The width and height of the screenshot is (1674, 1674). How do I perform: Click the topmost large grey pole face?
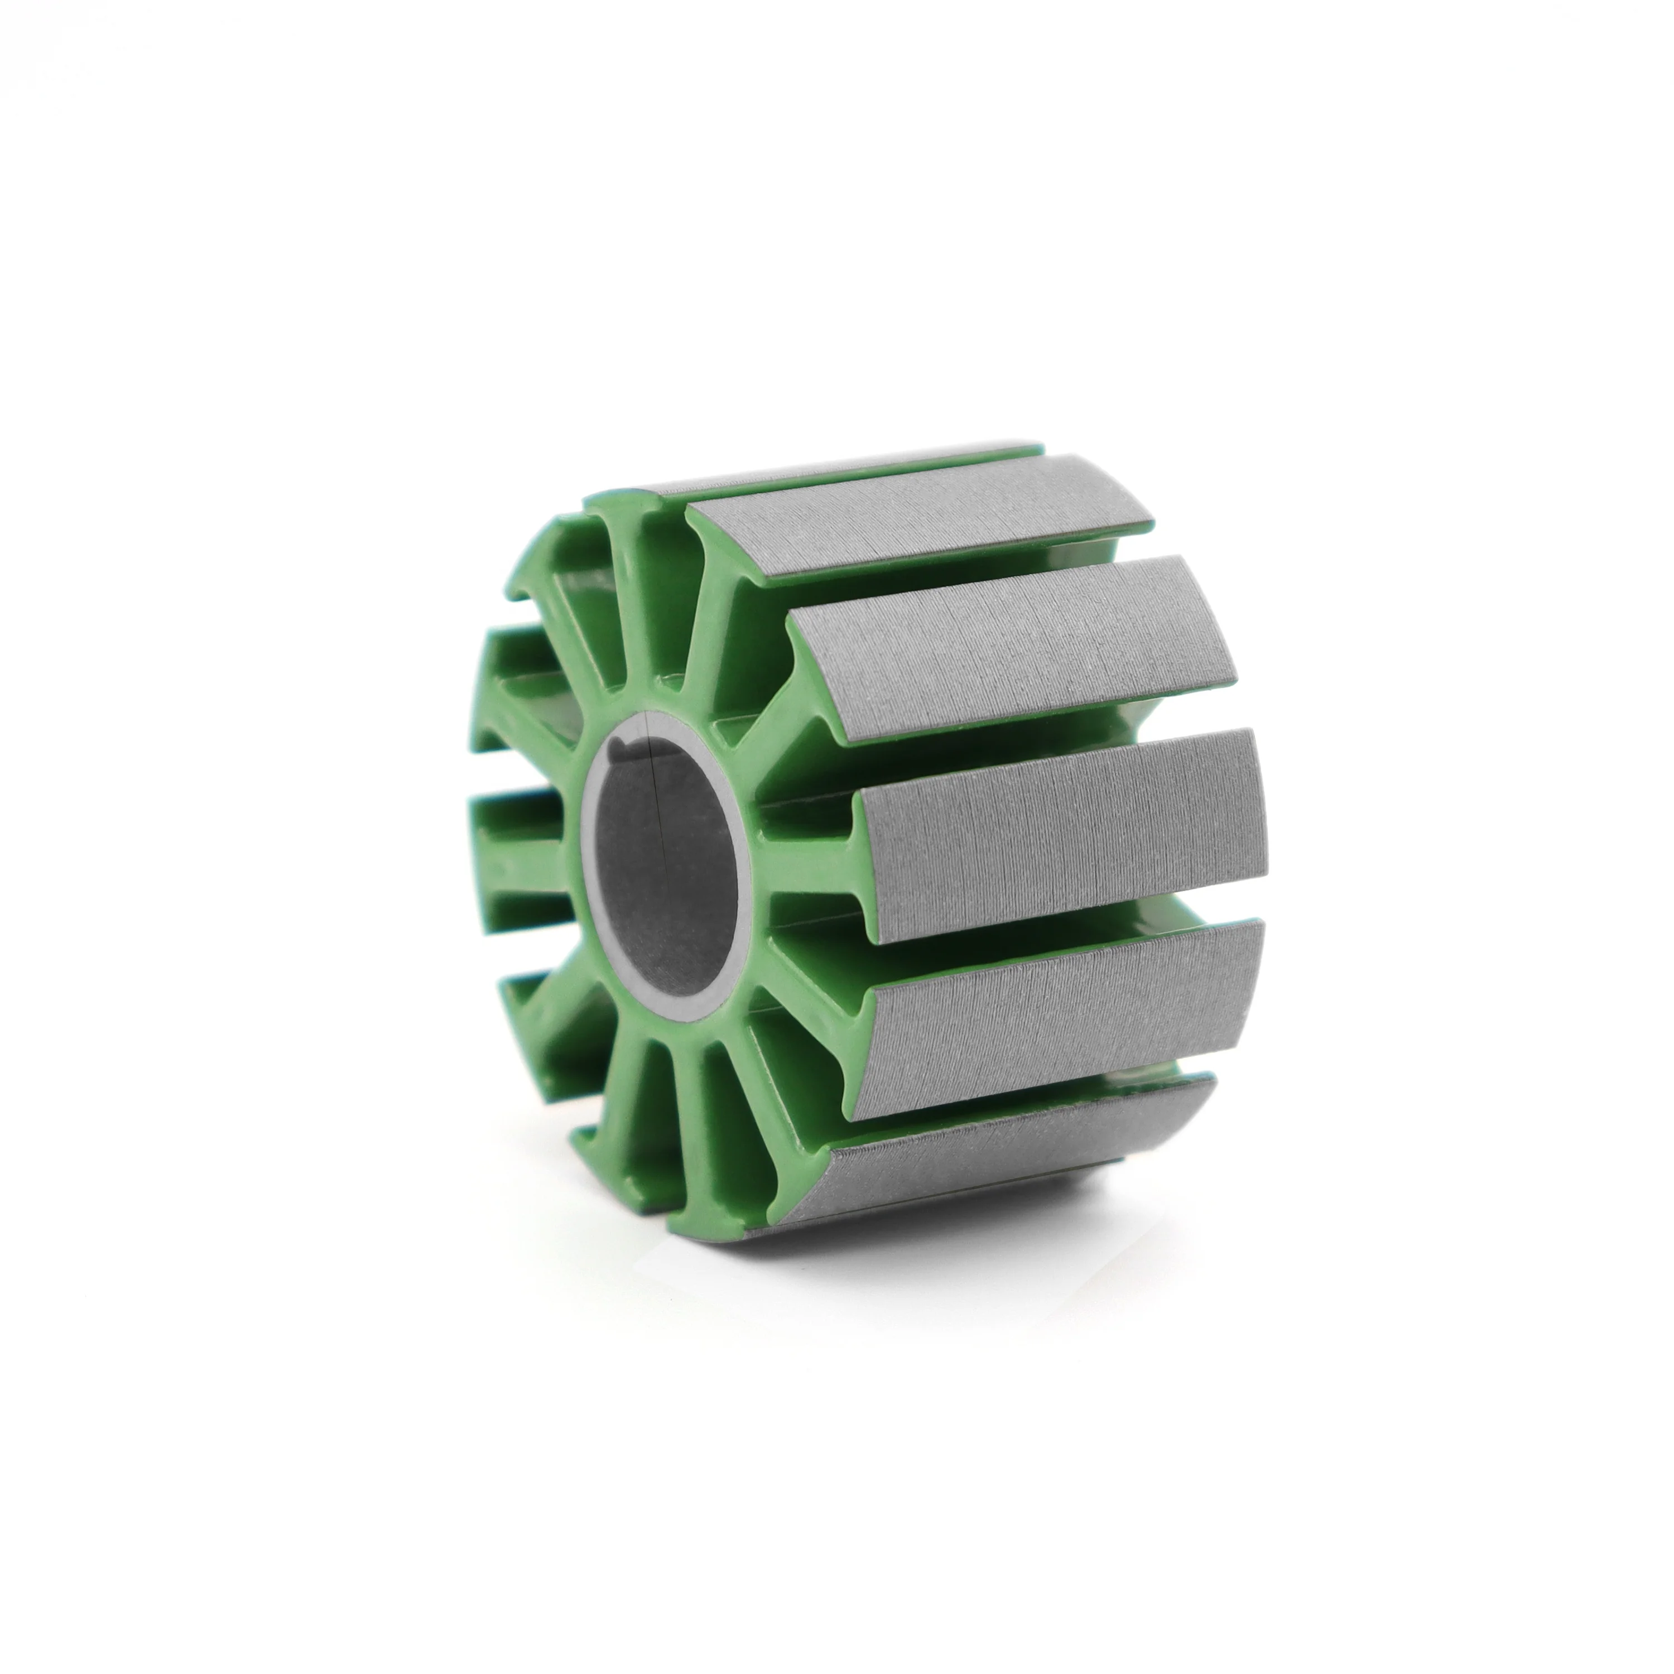[918, 520]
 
